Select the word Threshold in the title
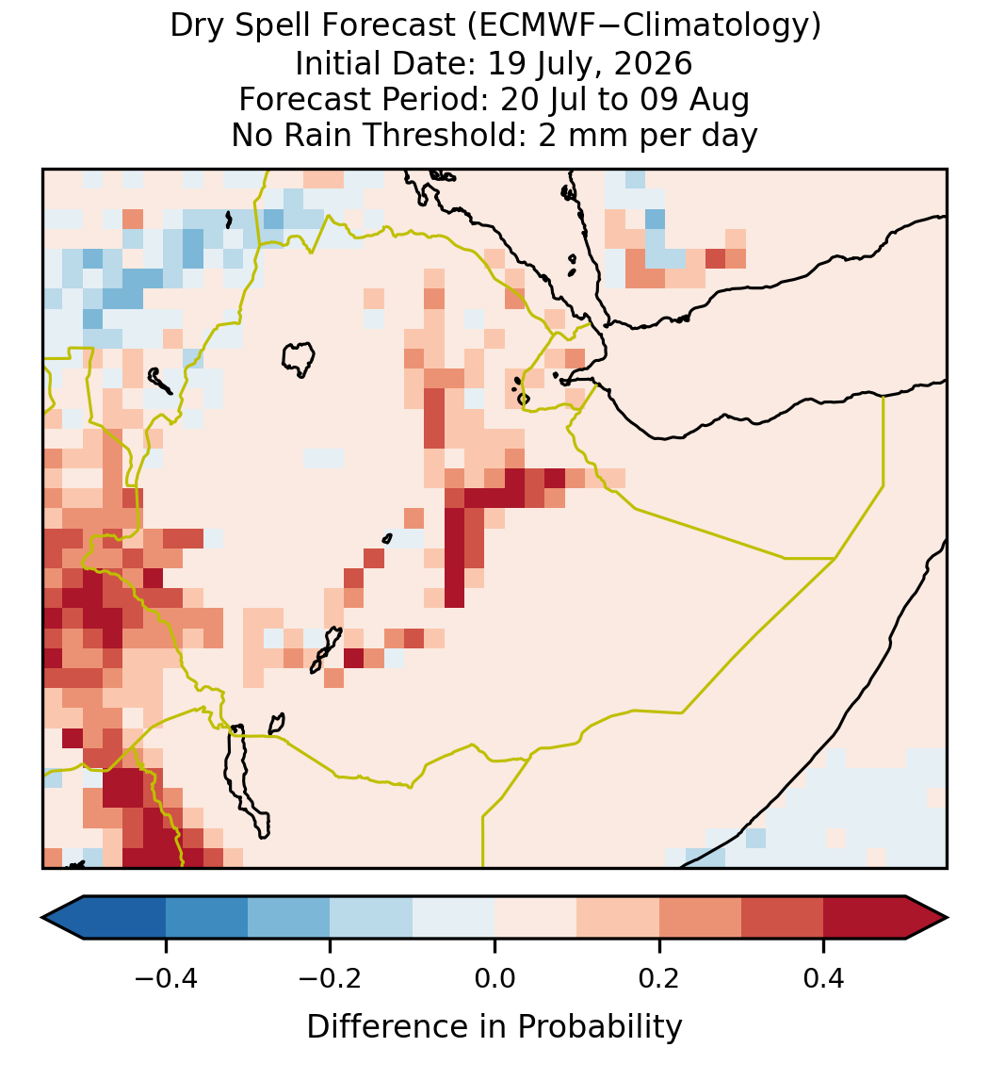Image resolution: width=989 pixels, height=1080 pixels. coord(444,135)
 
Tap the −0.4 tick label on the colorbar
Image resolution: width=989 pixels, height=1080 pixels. coord(165,977)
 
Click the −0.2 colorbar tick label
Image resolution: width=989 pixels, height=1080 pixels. coord(330,977)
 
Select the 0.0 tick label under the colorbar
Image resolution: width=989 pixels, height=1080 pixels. coord(494,977)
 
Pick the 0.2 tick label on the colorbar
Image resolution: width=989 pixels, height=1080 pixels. coord(659,977)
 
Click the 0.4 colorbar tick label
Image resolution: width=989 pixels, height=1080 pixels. coord(824,977)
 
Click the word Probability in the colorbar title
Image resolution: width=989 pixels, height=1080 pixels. coord(599,1027)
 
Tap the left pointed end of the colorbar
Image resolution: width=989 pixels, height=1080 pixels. coord(43,918)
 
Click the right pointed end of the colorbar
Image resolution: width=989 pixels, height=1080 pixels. coord(947,918)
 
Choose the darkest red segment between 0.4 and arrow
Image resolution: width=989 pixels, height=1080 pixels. coord(865,918)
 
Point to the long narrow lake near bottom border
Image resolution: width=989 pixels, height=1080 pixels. coord(247,782)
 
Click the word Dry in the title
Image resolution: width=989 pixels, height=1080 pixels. coord(193,27)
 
